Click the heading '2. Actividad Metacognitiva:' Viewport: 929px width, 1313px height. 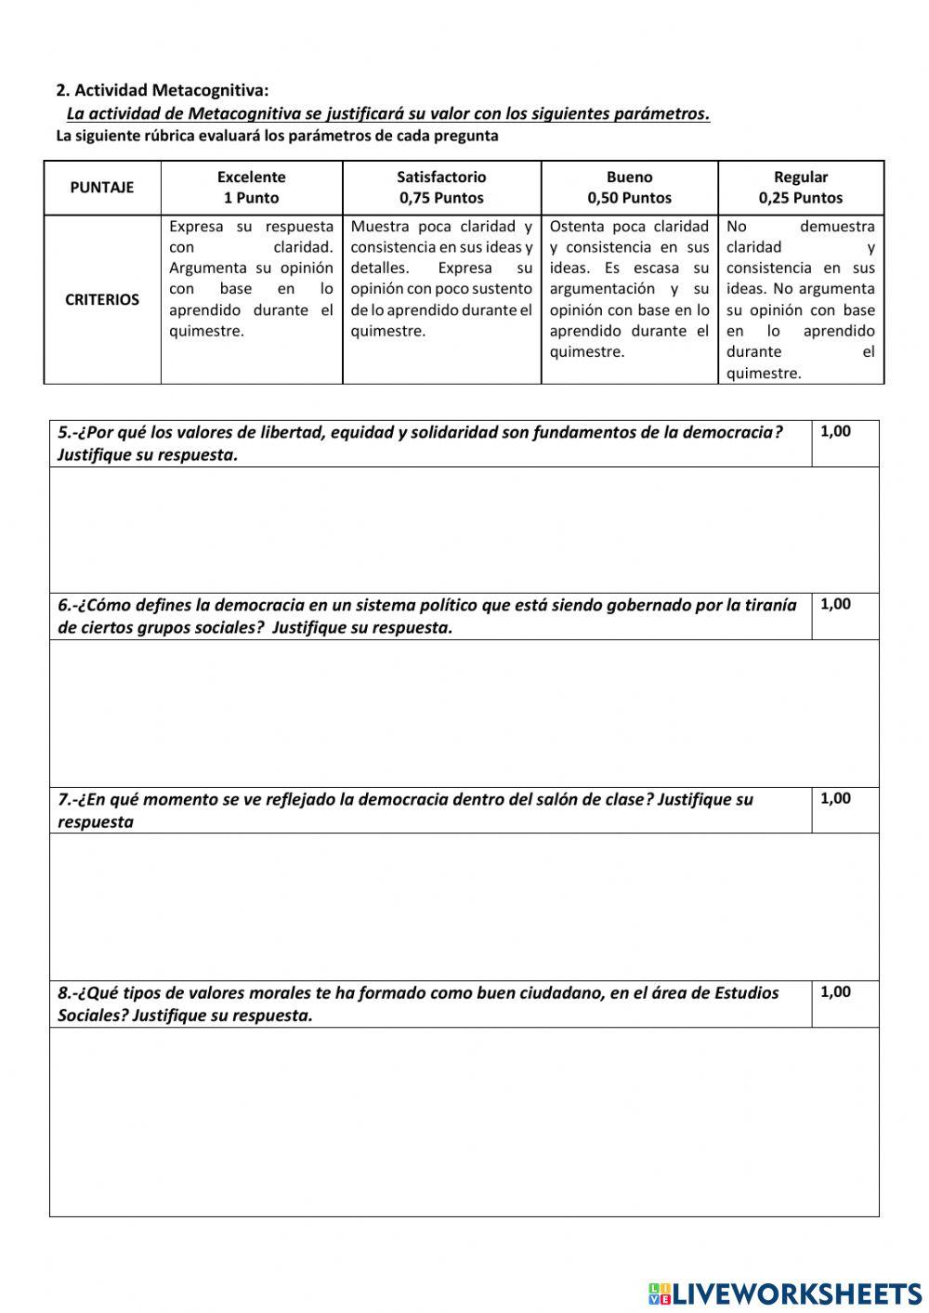[163, 90]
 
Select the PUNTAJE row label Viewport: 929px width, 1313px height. [102, 188]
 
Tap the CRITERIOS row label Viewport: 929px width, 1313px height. [102, 300]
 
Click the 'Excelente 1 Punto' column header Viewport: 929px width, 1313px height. [252, 188]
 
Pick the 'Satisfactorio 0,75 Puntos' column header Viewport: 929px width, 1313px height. [441, 188]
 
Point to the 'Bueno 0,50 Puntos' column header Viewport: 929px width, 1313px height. [629, 188]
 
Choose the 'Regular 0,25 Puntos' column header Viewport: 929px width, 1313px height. [801, 188]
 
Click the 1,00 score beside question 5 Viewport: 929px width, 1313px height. [836, 431]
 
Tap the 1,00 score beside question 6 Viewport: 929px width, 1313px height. [836, 604]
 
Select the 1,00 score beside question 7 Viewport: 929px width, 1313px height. [836, 798]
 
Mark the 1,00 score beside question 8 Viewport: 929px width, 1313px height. [836, 991]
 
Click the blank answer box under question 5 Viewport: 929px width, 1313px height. [464, 530]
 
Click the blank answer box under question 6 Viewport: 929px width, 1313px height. [464, 713]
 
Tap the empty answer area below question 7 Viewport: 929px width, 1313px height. [464, 906]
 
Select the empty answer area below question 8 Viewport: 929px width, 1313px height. [464, 1122]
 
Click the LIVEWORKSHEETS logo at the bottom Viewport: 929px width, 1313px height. [785, 1293]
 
